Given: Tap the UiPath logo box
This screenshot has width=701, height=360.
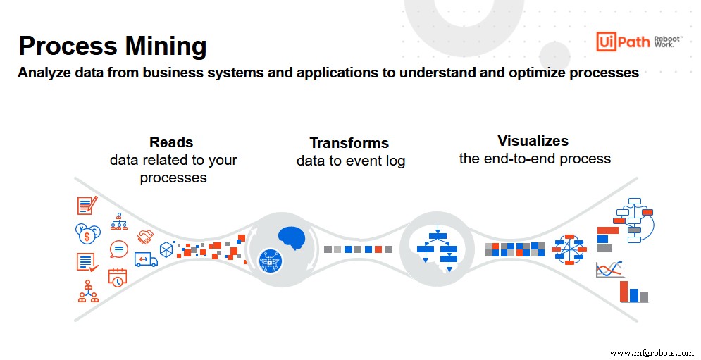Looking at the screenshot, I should (x=614, y=42).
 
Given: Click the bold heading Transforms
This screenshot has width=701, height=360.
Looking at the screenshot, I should (x=350, y=143).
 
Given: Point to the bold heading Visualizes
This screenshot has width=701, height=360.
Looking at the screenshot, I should (x=533, y=140).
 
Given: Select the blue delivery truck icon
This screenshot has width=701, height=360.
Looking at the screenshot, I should (x=146, y=259).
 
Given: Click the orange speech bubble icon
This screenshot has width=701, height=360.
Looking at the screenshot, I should (x=118, y=249).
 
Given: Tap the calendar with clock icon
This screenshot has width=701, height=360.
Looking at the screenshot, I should (x=118, y=276).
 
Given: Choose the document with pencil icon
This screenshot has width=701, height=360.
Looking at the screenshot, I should (x=87, y=205).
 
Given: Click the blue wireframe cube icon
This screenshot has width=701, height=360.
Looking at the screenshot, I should (x=166, y=249).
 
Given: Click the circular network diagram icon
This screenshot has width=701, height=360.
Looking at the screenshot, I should (x=569, y=249).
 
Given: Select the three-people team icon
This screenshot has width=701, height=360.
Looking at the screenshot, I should (x=88, y=291).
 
